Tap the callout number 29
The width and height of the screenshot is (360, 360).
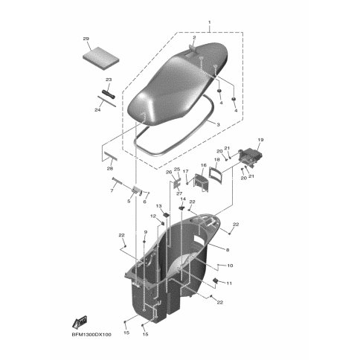(x=86, y=39)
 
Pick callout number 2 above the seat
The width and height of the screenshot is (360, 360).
(x=194, y=37)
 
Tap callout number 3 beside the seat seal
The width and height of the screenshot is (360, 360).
(x=217, y=125)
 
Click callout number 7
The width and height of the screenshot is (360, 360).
(x=112, y=191)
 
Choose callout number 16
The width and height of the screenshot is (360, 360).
(x=203, y=166)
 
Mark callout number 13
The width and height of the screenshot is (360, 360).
(x=158, y=205)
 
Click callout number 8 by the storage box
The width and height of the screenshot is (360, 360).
(x=227, y=250)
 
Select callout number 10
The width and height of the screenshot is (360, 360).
(x=229, y=266)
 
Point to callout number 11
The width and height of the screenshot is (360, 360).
(x=229, y=284)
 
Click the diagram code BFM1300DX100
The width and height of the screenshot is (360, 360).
(x=91, y=335)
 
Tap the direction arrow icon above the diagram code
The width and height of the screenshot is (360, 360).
(x=78, y=322)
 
